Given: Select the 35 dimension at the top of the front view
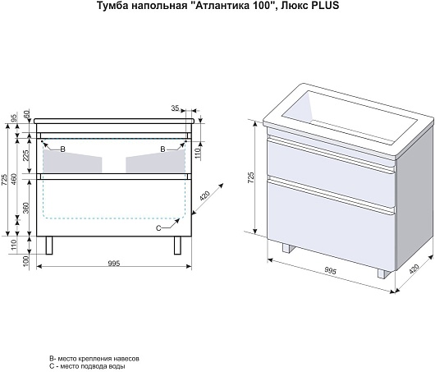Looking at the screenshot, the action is click(x=175, y=108).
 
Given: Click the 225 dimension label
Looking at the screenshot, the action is click(x=25, y=155).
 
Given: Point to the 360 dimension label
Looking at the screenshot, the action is click(x=25, y=208).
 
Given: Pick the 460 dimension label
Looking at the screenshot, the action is click(x=15, y=180).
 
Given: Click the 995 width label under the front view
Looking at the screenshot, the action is click(x=114, y=263).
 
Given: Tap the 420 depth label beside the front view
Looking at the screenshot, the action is click(x=205, y=196).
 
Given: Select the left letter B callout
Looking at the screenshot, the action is click(x=63, y=149).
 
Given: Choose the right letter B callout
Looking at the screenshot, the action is click(x=163, y=149).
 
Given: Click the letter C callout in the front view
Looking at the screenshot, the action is click(x=158, y=228).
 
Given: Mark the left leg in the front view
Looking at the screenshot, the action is click(x=49, y=246).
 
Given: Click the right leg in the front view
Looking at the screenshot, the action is click(x=177, y=246).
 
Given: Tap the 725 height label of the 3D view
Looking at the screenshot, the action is click(x=251, y=177).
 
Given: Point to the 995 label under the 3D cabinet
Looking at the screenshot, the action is click(x=330, y=270).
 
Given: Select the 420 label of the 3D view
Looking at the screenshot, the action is click(x=414, y=269).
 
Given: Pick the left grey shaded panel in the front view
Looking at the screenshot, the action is click(x=72, y=162).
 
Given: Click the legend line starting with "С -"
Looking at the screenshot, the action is click(x=87, y=366).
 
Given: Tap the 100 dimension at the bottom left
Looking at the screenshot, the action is click(x=25, y=261).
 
